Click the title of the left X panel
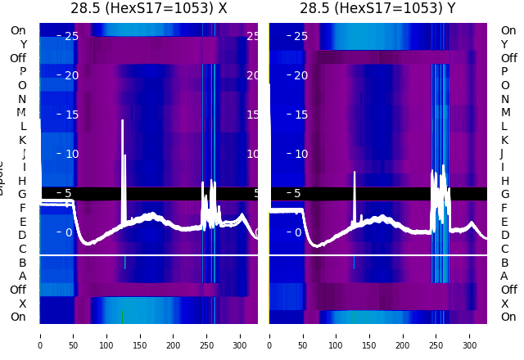[x=149, y=9]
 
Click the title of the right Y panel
[x=377, y=9]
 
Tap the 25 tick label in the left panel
[x=71, y=36]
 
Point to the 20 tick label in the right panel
[x=300, y=75]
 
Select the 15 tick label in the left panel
[x=71, y=115]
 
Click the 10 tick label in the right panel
[x=300, y=154]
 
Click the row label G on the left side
[x=23, y=195]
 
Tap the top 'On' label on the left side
[x=18, y=30]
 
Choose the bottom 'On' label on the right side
[x=508, y=317]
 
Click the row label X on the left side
[x=23, y=304]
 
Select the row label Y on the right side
[x=504, y=44]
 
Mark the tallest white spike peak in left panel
[x=123, y=121]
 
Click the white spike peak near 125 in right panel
[x=355, y=172]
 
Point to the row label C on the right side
[x=504, y=249]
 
